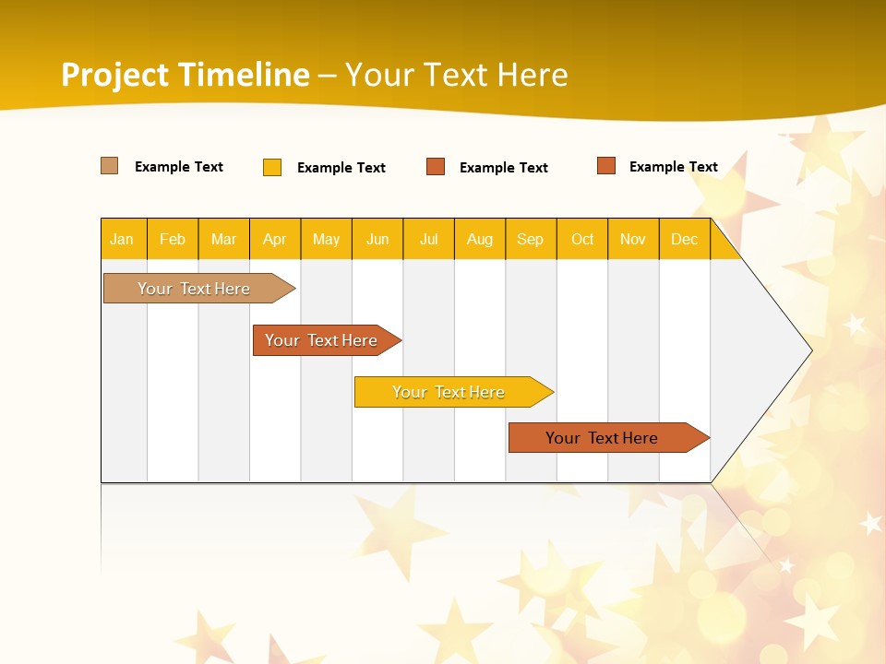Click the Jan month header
coord(122,239)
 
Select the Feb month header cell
coord(173,239)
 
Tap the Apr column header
coord(274,239)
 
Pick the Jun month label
coord(377,239)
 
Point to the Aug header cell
coord(479,239)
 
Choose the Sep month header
coord(530,239)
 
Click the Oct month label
coord(582,239)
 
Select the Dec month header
coord(684,239)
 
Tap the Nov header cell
coord(633,239)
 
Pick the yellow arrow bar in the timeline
coord(449,392)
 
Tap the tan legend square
coord(110,166)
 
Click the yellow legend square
coord(272,167)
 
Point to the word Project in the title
coord(115,75)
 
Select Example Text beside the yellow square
coord(341,168)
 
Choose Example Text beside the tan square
coord(178,167)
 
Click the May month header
coord(326,239)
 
